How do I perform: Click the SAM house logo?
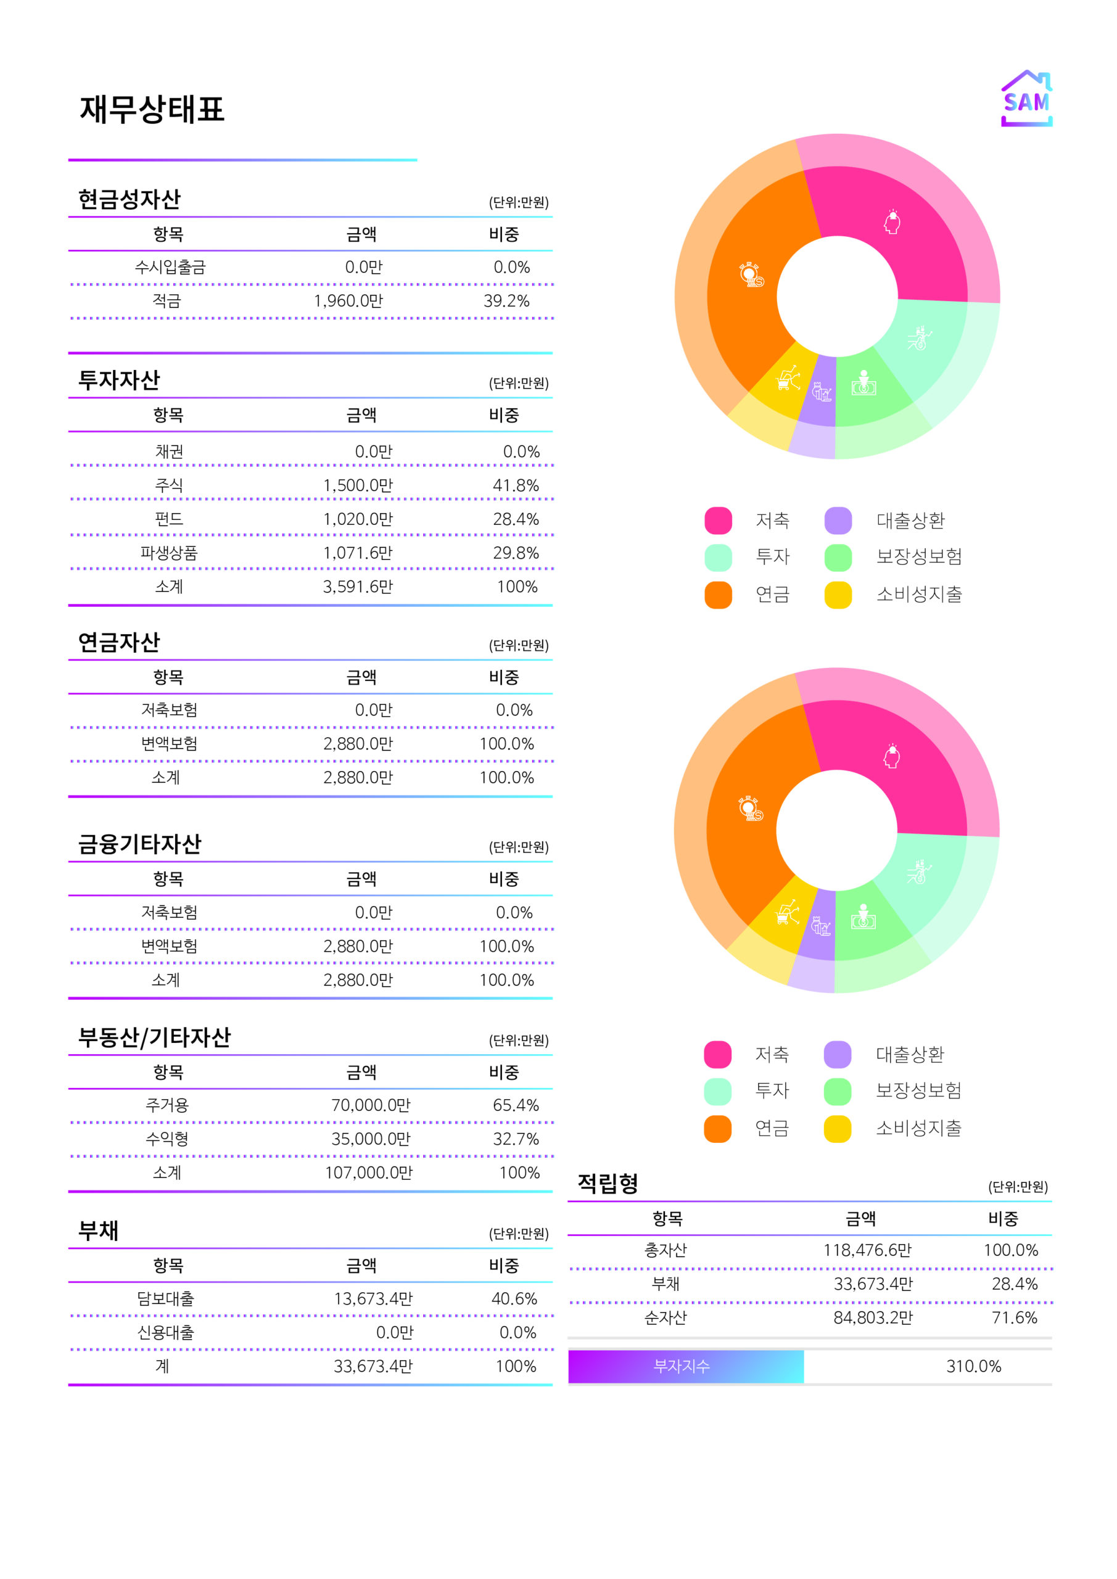click(x=1026, y=99)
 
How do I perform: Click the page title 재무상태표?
click(x=152, y=109)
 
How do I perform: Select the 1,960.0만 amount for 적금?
click(x=348, y=300)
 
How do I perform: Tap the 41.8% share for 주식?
click(x=515, y=485)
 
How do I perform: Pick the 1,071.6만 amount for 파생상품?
click(x=358, y=553)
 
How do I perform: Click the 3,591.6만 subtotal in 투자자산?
click(x=358, y=587)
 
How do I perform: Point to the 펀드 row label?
click(x=168, y=519)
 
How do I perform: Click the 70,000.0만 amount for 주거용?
click(x=370, y=1105)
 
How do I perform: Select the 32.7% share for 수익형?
click(x=515, y=1139)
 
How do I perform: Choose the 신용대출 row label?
click(x=166, y=1332)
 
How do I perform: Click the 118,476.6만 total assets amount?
click(x=867, y=1250)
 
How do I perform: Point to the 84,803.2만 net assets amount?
click(x=872, y=1317)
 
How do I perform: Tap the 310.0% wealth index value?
click(x=973, y=1366)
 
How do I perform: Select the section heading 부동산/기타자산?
click(x=154, y=1037)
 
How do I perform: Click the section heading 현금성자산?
click(x=130, y=199)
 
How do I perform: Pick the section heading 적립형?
click(x=608, y=1183)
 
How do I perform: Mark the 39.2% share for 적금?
click(x=506, y=300)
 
